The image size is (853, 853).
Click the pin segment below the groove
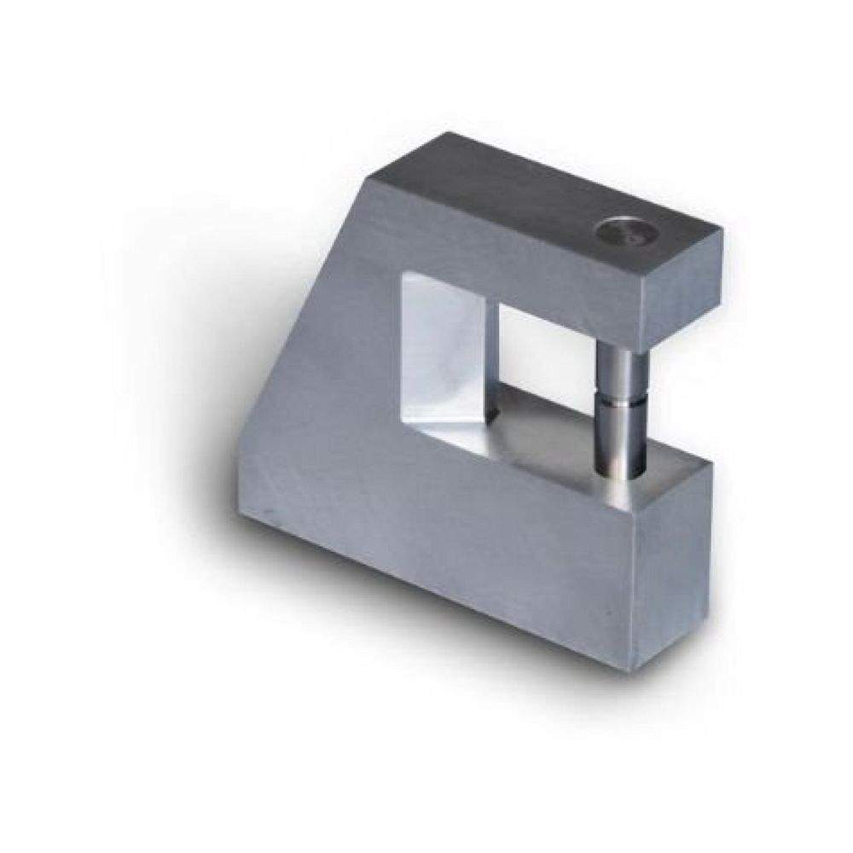(618, 439)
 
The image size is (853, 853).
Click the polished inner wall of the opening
(444, 350)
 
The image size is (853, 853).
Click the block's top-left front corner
(368, 180)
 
